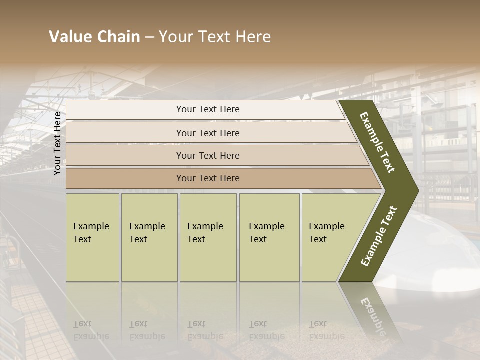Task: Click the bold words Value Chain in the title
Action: point(94,37)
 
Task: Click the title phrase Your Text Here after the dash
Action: point(215,37)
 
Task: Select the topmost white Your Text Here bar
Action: point(207,109)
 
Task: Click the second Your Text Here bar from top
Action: point(207,133)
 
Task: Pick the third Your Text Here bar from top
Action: point(207,155)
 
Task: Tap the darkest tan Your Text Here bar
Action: point(207,178)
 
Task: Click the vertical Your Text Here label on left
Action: point(57,143)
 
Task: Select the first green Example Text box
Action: point(92,237)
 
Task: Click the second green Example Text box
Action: point(149,237)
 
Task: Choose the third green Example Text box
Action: point(207,237)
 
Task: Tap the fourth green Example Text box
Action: point(269,237)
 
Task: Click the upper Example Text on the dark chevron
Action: point(377,142)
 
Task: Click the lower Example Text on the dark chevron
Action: point(379,236)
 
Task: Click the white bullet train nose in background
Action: point(440,260)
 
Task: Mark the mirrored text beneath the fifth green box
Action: point(326,330)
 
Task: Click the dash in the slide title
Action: point(149,37)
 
